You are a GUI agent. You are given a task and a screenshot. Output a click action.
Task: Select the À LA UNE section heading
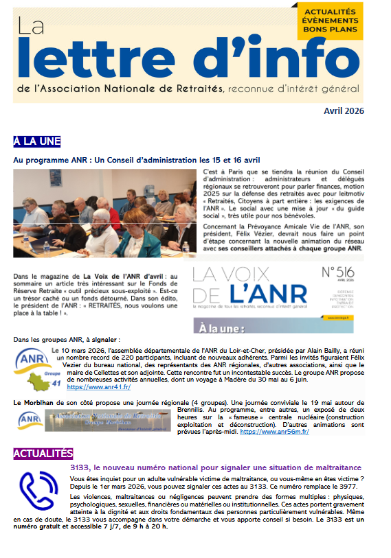[37, 141]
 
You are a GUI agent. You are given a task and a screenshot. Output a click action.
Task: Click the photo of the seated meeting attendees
[105, 213]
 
